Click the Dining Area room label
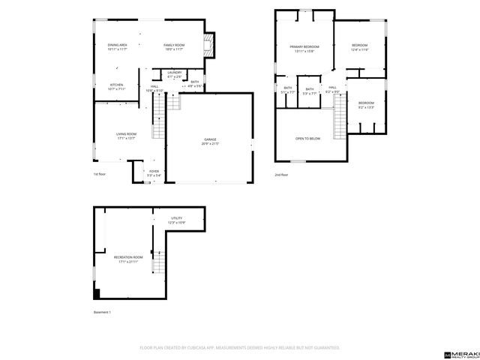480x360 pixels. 117,45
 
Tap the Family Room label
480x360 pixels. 174,45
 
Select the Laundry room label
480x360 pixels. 174,73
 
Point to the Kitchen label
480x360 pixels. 116,85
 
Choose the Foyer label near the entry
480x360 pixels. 154,172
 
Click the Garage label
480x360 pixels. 210,140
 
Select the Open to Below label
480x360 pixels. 307,139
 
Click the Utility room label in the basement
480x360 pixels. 175,218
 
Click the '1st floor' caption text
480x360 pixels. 100,174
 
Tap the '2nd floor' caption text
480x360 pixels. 281,174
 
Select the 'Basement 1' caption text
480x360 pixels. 101,311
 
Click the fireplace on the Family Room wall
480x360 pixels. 210,44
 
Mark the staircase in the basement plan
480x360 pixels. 158,262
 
